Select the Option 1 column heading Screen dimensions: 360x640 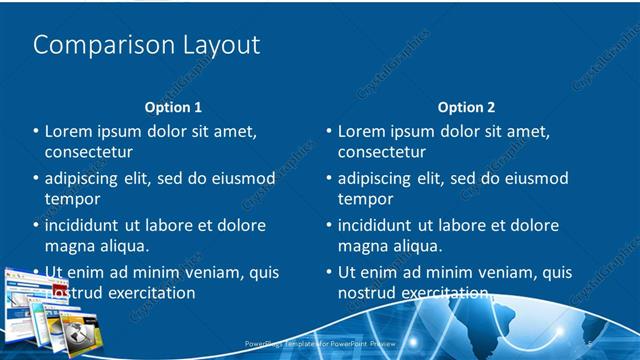coord(173,107)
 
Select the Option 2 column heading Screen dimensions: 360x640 coord(466,107)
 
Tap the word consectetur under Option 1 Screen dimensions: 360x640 coord(89,152)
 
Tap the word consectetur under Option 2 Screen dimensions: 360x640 coord(382,152)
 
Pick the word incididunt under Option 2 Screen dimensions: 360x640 coord(380,226)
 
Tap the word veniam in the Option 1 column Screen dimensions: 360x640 coord(204,272)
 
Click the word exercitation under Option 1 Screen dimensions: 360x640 coord(150,293)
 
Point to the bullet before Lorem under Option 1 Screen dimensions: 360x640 coord(36,132)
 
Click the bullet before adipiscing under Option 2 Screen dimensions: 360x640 coord(329,179)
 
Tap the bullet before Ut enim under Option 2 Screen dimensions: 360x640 coord(329,272)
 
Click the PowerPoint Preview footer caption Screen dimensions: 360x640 coord(320,343)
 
